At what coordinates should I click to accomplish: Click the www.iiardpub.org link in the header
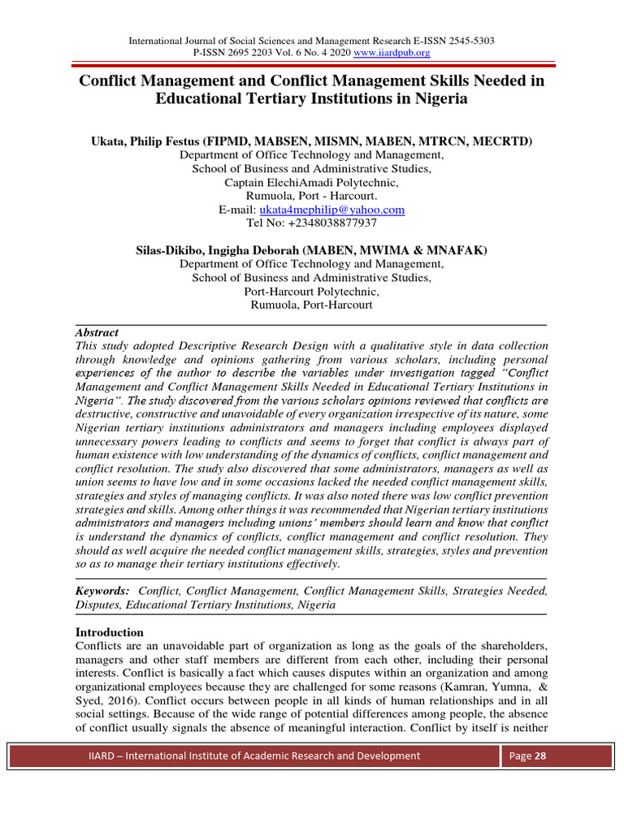(x=389, y=53)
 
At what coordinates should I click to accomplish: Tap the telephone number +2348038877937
(x=312, y=223)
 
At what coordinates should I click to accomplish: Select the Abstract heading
(x=97, y=333)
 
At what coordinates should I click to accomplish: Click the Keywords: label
(x=102, y=591)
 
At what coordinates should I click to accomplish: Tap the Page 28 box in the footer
(x=526, y=756)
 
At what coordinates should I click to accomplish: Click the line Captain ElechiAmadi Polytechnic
(x=312, y=183)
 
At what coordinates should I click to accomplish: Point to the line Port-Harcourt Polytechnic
(x=312, y=292)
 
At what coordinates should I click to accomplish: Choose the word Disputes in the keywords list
(x=100, y=605)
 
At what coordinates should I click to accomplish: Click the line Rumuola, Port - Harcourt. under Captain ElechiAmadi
(x=312, y=196)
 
